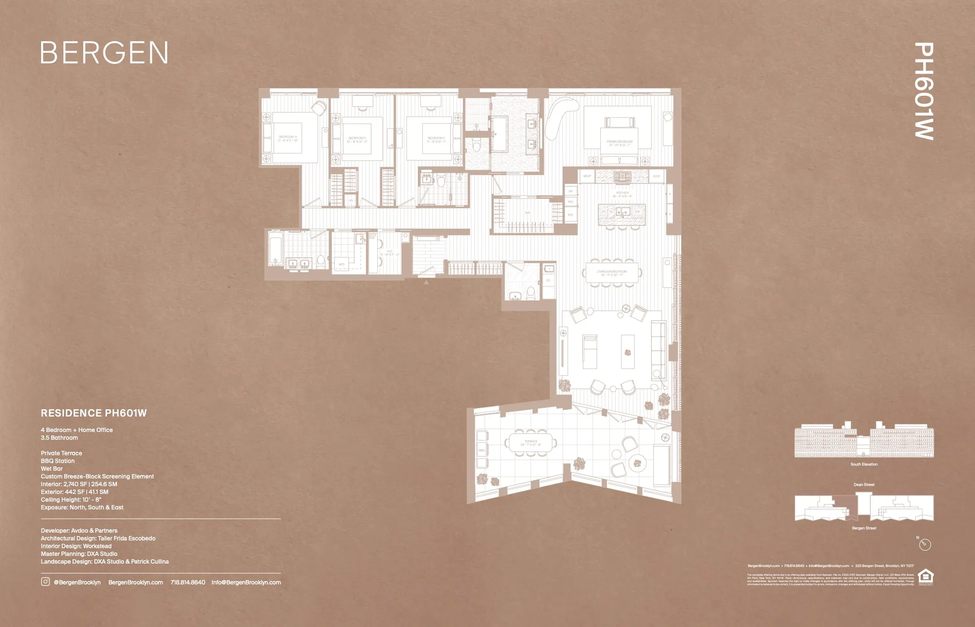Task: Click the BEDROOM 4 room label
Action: pyautogui.click(x=288, y=138)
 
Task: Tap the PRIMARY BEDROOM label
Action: pyautogui.click(x=619, y=143)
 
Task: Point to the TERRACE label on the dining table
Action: pyautogui.click(x=531, y=443)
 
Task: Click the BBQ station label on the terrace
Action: pyautogui.click(x=482, y=450)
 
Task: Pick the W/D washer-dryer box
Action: pyautogui.click(x=341, y=264)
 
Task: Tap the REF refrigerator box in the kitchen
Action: pyautogui.click(x=571, y=215)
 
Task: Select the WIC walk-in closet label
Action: pyautogui.click(x=528, y=213)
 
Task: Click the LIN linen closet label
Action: pyautogui.click(x=350, y=200)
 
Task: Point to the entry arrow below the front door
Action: pyautogui.click(x=426, y=281)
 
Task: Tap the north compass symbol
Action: pyautogui.click(x=925, y=545)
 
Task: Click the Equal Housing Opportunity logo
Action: pyautogui.click(x=925, y=577)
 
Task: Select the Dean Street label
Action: pyautogui.click(x=864, y=484)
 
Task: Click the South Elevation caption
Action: pyautogui.click(x=864, y=464)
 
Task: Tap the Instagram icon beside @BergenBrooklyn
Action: pyautogui.click(x=45, y=582)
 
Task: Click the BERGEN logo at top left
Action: pyautogui.click(x=104, y=53)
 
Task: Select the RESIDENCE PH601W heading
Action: pyautogui.click(x=94, y=413)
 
